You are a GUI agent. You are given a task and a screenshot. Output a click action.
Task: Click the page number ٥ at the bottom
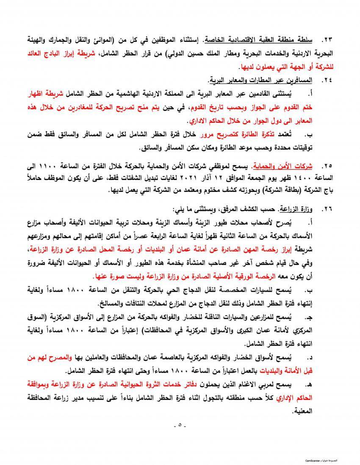tap(180, 425)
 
